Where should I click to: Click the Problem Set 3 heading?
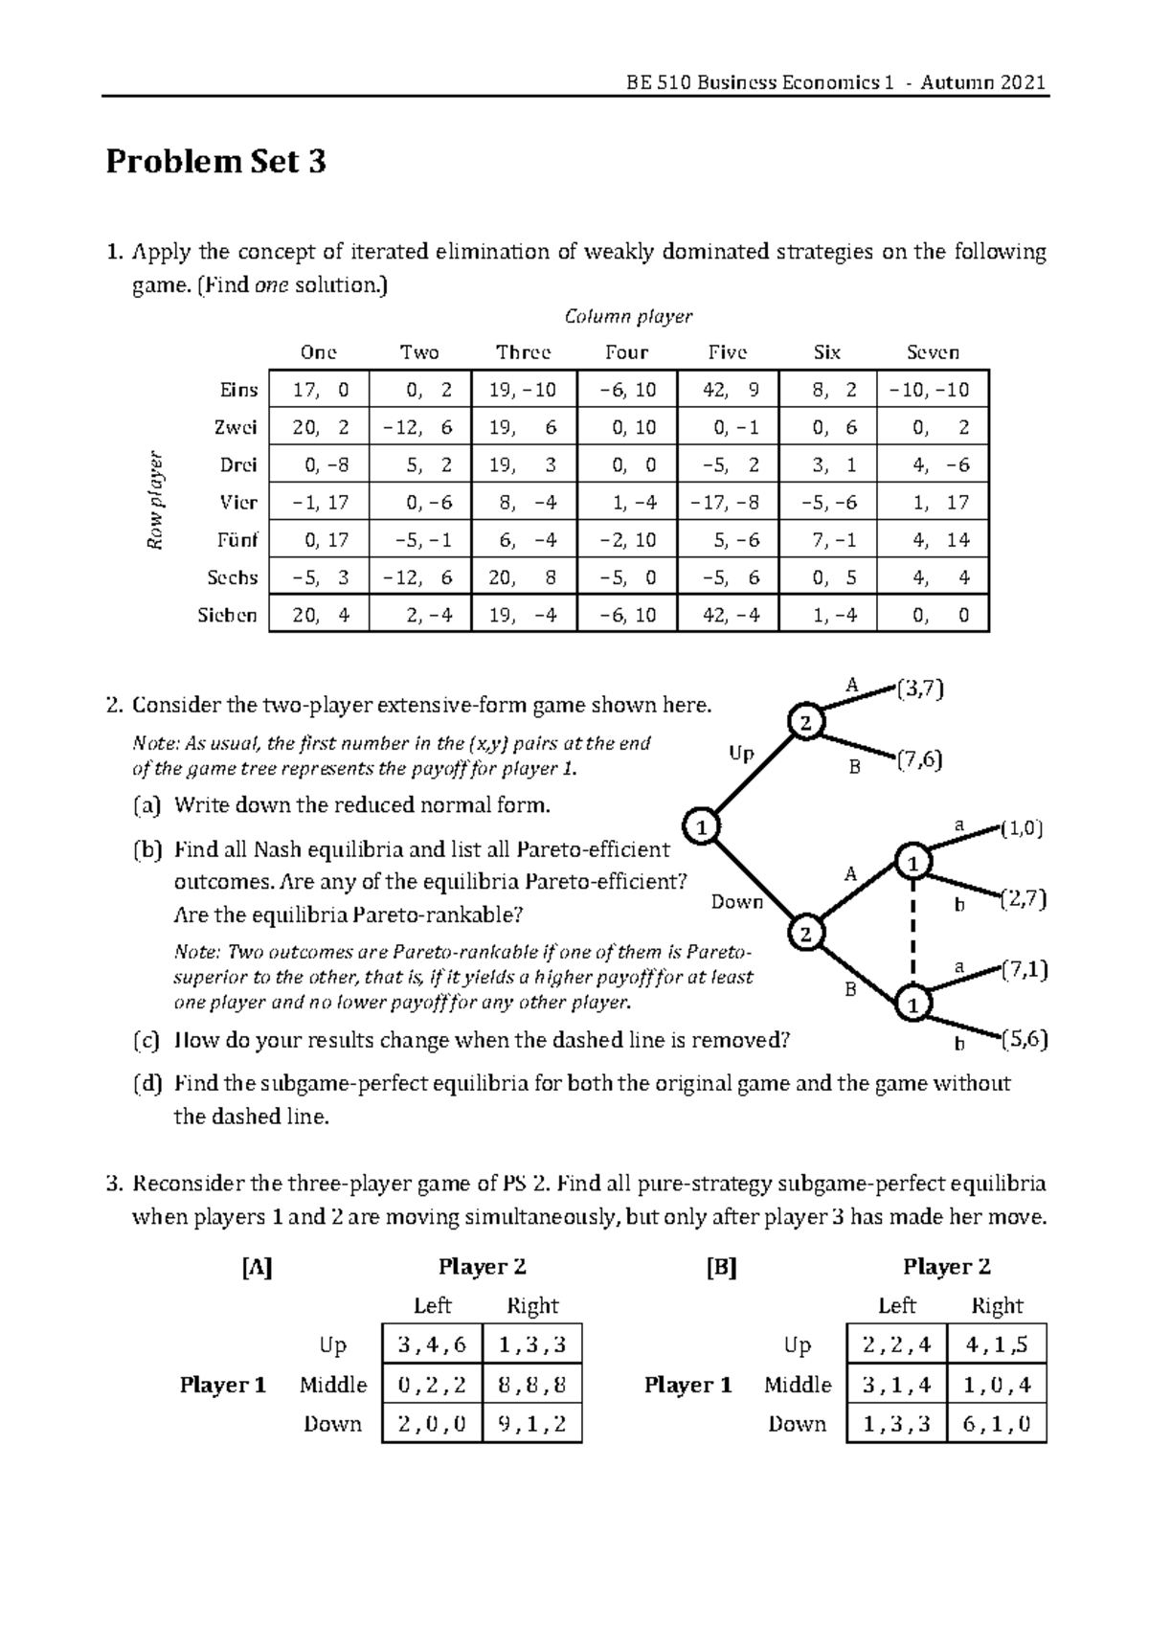pyautogui.click(x=215, y=162)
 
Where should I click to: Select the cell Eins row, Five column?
pyautogui.click(x=728, y=390)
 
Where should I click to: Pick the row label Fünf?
pyautogui.click(x=237, y=540)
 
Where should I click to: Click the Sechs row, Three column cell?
pyautogui.click(x=523, y=577)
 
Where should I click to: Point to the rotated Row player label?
pyautogui.click(x=155, y=501)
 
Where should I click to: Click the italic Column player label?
pyautogui.click(x=627, y=316)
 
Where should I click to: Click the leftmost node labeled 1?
pyautogui.click(x=702, y=826)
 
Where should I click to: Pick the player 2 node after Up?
pyautogui.click(x=805, y=723)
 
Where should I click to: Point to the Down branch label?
pyautogui.click(x=736, y=902)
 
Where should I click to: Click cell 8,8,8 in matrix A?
pyautogui.click(x=532, y=1384)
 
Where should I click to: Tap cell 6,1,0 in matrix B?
pyautogui.click(x=997, y=1423)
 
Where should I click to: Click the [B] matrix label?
pyautogui.click(x=721, y=1268)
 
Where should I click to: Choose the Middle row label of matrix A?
pyautogui.click(x=332, y=1385)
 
